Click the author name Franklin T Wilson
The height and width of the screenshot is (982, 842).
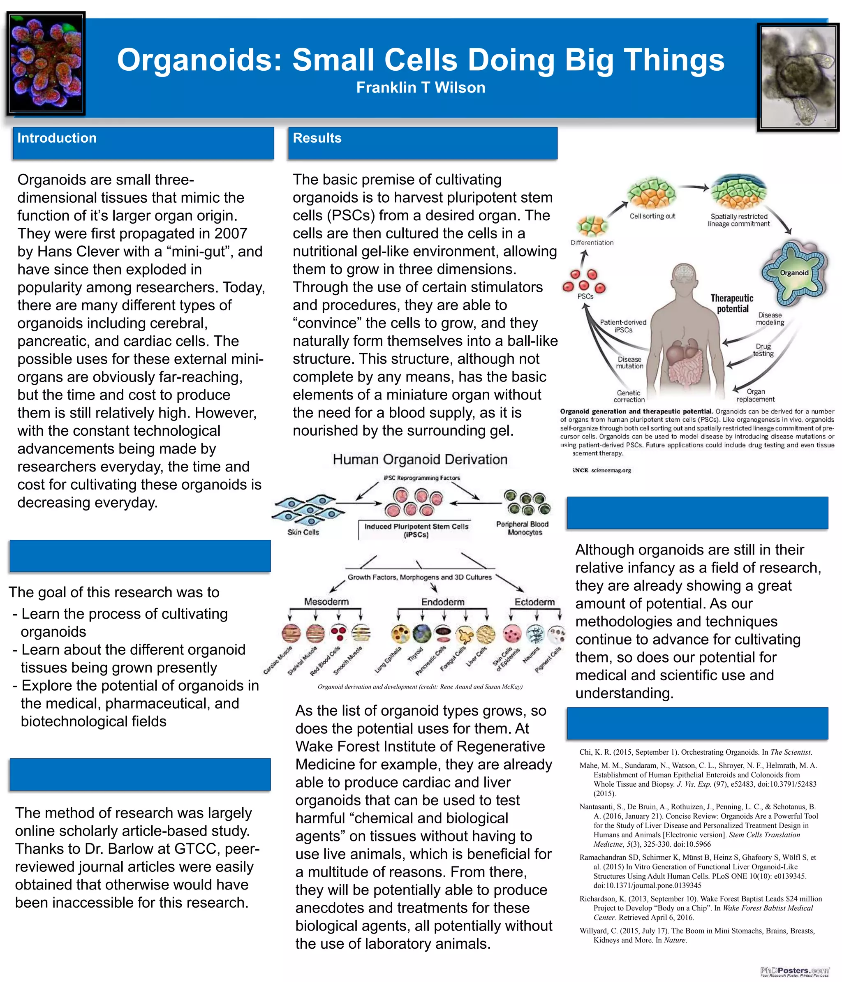[421, 88]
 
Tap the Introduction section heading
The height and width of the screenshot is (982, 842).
[57, 138]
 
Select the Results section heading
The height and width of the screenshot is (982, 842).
[317, 138]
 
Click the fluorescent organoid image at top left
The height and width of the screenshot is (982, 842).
[46, 64]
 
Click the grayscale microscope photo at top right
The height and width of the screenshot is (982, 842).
[798, 77]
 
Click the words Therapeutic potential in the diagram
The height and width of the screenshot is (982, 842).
[731, 303]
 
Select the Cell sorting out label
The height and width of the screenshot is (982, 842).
[652, 216]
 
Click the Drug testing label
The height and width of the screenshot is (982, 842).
[763, 350]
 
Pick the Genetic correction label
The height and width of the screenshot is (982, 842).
[629, 396]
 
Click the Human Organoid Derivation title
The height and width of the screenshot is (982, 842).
[420, 459]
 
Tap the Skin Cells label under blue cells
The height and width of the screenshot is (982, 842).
[303, 532]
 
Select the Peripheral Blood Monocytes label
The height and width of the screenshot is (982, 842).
[522, 528]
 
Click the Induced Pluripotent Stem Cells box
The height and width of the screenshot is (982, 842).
[416, 530]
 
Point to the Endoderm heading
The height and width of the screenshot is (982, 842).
[442, 602]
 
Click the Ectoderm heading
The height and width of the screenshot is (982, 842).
[534, 602]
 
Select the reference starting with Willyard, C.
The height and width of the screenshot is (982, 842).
[697, 935]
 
